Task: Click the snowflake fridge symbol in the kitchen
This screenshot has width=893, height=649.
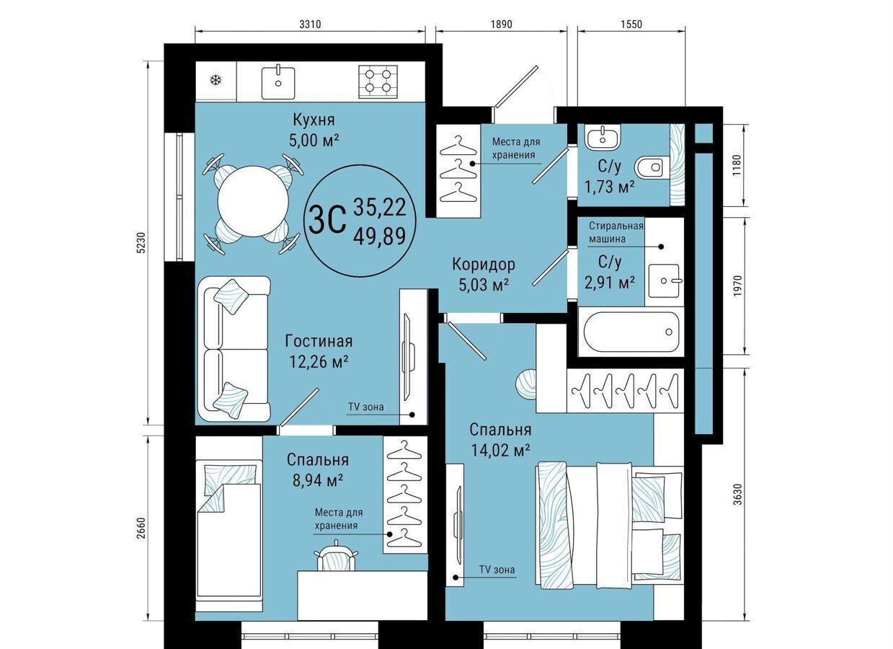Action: click(x=216, y=81)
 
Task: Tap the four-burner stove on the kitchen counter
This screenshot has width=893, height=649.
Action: click(x=378, y=81)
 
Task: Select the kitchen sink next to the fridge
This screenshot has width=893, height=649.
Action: click(x=278, y=81)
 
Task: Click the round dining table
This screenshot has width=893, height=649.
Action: click(x=253, y=201)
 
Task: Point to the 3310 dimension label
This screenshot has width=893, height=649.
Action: click(x=310, y=25)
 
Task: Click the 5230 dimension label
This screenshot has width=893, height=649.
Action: click(x=142, y=242)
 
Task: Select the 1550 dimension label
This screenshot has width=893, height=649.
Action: click(x=631, y=25)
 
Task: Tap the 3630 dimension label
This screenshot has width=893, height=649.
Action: click(x=737, y=495)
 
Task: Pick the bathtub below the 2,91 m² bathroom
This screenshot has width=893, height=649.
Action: click(x=631, y=332)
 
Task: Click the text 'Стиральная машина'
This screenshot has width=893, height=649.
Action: click(x=616, y=232)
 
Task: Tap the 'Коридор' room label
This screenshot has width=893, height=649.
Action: click(x=484, y=264)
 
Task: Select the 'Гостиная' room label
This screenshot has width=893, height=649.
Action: click(x=319, y=341)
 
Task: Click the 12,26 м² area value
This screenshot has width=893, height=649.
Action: click(x=319, y=362)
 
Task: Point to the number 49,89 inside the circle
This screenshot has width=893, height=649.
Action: click(x=379, y=236)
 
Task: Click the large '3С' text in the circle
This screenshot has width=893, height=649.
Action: click(x=327, y=220)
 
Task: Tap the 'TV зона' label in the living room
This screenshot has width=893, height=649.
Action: click(x=366, y=407)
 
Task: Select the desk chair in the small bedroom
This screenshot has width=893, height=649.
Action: click(x=336, y=555)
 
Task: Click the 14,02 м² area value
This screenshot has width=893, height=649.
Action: click(x=500, y=451)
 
